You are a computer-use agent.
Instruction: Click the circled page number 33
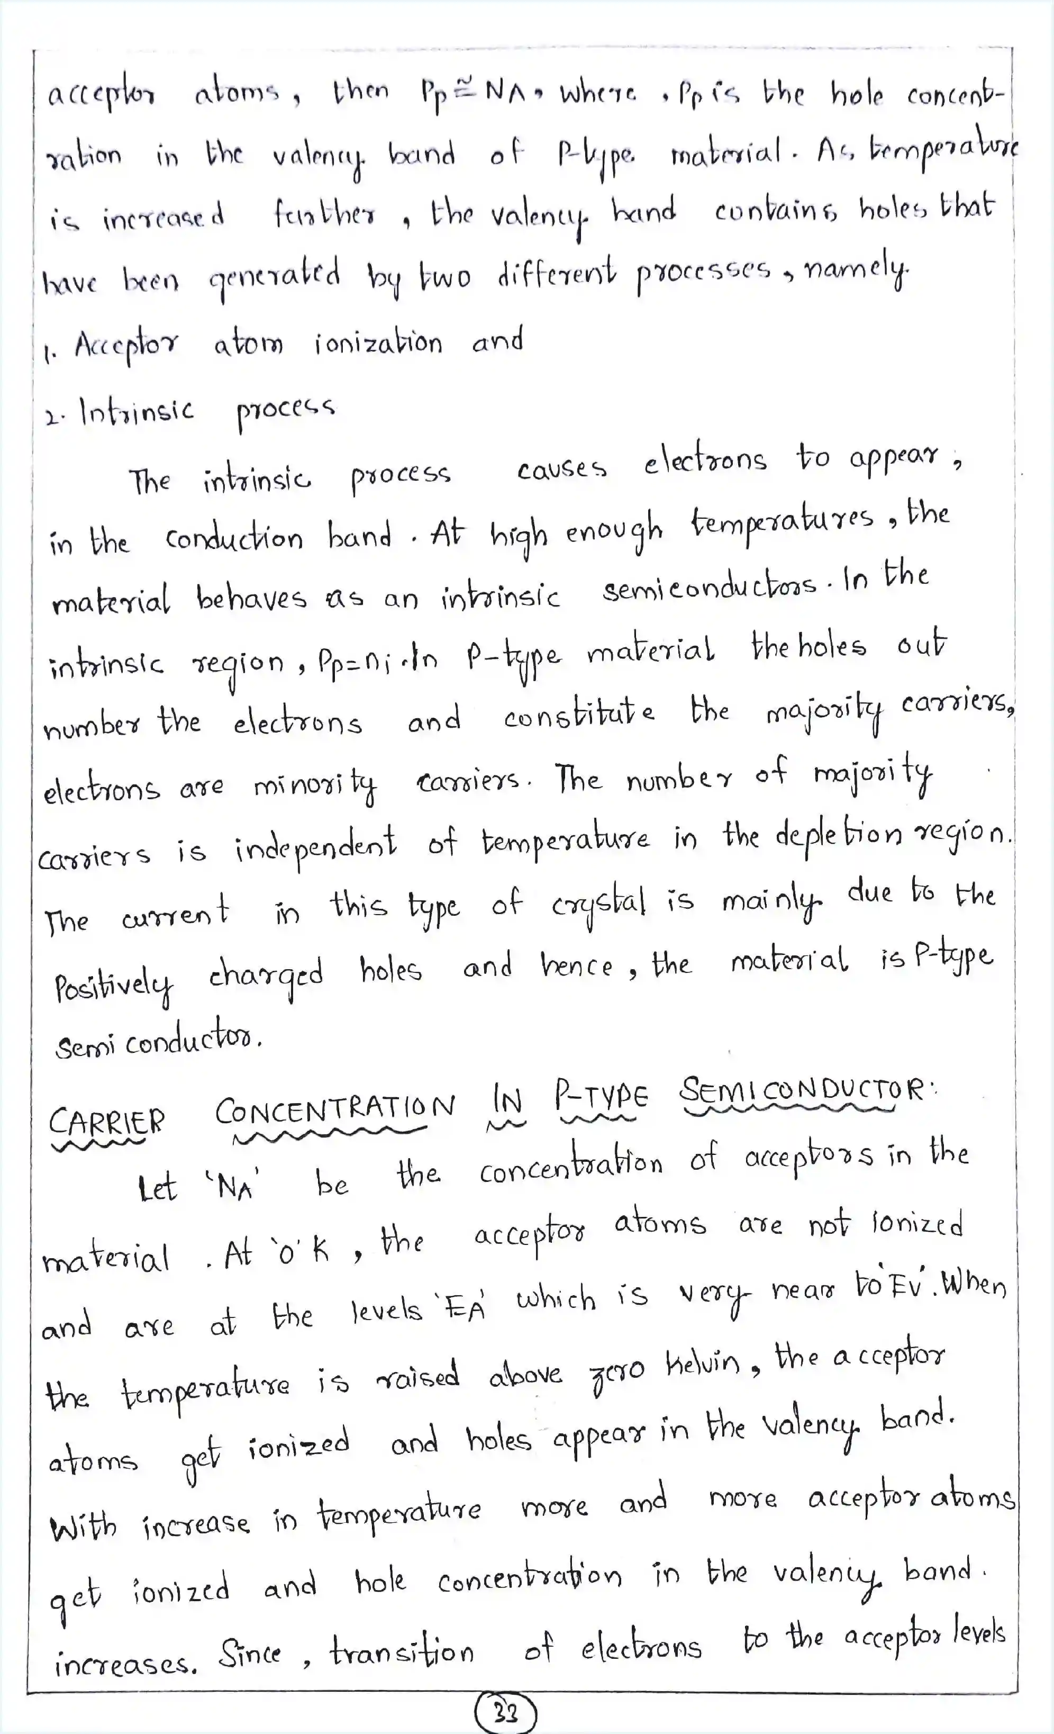(506, 1711)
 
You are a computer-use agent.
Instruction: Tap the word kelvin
(702, 1365)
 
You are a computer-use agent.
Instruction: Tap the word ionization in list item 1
(378, 344)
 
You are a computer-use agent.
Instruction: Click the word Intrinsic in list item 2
(137, 411)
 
